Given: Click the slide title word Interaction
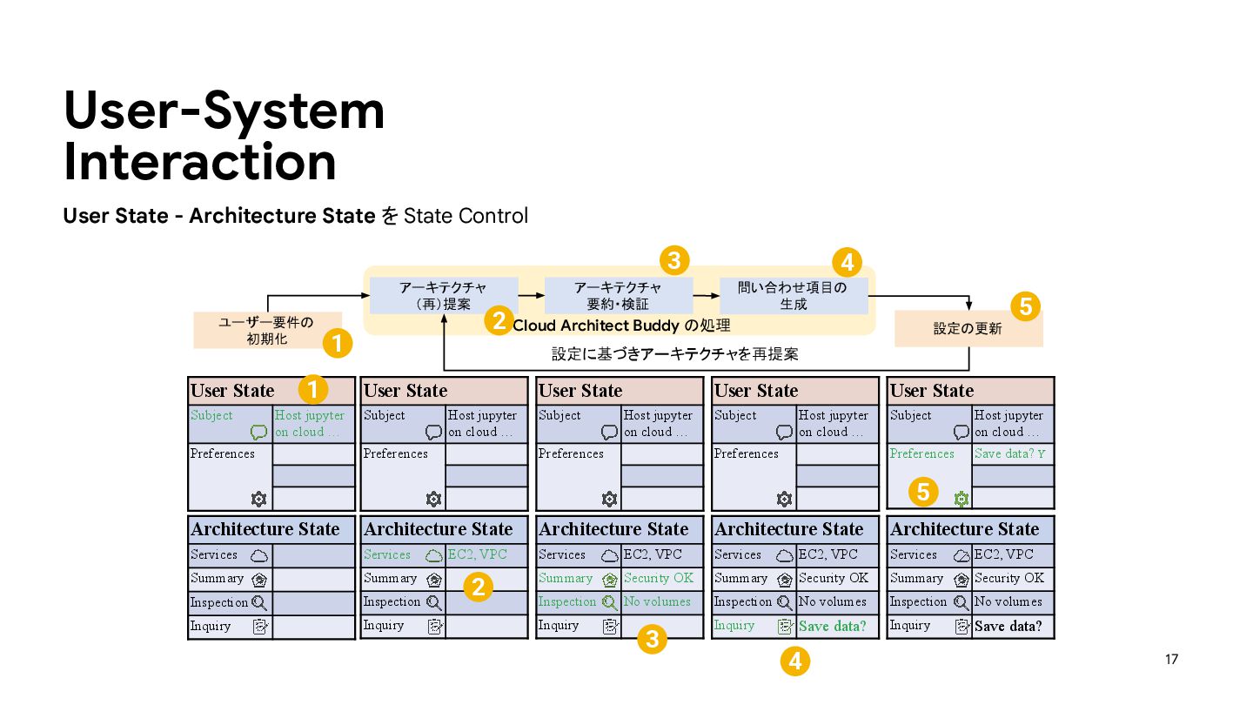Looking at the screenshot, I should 200,163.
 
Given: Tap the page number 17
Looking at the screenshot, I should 1171,660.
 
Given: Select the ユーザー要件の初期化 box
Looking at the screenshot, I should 266,331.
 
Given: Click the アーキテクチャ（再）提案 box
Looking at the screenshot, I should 444,296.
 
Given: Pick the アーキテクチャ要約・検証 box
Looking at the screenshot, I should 618,296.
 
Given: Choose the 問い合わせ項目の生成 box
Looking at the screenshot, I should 793,296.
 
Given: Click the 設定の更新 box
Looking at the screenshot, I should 968,329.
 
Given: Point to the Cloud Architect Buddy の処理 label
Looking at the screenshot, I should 621,326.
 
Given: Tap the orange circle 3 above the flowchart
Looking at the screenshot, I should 674,259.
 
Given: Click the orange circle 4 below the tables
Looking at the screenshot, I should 794,662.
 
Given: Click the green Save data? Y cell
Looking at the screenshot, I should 1010,453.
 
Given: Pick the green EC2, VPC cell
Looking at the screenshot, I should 477,554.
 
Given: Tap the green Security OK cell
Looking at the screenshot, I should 659,578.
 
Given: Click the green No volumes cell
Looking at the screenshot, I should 657,601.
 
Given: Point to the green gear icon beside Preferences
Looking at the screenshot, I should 961,499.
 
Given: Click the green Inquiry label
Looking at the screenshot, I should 734,625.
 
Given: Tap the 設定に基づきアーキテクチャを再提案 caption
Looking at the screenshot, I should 674,354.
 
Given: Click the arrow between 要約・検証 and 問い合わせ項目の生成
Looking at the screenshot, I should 706,296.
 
